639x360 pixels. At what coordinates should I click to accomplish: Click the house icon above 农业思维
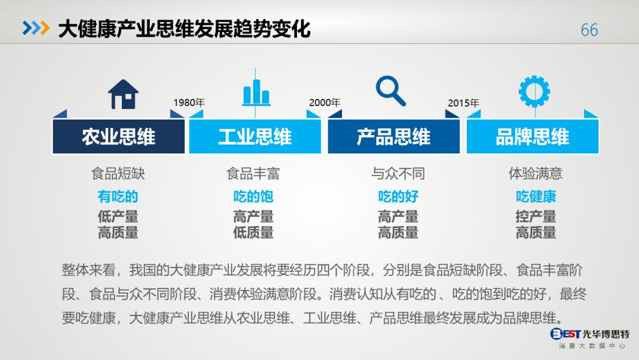coord(123,94)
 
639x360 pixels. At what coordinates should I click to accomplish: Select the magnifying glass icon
coord(391,92)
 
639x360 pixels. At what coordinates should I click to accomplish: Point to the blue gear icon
coord(534,92)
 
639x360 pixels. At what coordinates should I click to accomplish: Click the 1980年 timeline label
coord(189,102)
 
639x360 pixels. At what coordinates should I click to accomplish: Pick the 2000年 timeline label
coord(325,102)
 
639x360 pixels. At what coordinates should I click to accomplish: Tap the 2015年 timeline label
coord(463,103)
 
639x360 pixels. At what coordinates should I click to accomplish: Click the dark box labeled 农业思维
coord(118,137)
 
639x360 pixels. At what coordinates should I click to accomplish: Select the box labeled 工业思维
coord(254,137)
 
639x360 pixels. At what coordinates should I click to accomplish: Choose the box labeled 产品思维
coord(393,137)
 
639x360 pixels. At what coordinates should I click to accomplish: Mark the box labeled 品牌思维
coord(532,137)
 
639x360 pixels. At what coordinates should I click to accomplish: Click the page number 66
coord(589,30)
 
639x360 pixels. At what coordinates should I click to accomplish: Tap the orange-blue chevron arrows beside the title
coord(35,28)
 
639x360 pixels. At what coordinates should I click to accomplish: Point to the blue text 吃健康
coord(535,197)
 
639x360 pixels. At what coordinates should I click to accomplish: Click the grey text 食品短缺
coord(118,173)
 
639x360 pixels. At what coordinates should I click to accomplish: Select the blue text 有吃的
coord(118,197)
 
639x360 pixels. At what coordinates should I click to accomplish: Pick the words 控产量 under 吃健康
coord(535,217)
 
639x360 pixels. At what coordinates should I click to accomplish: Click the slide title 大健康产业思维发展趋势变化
coord(184,28)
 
